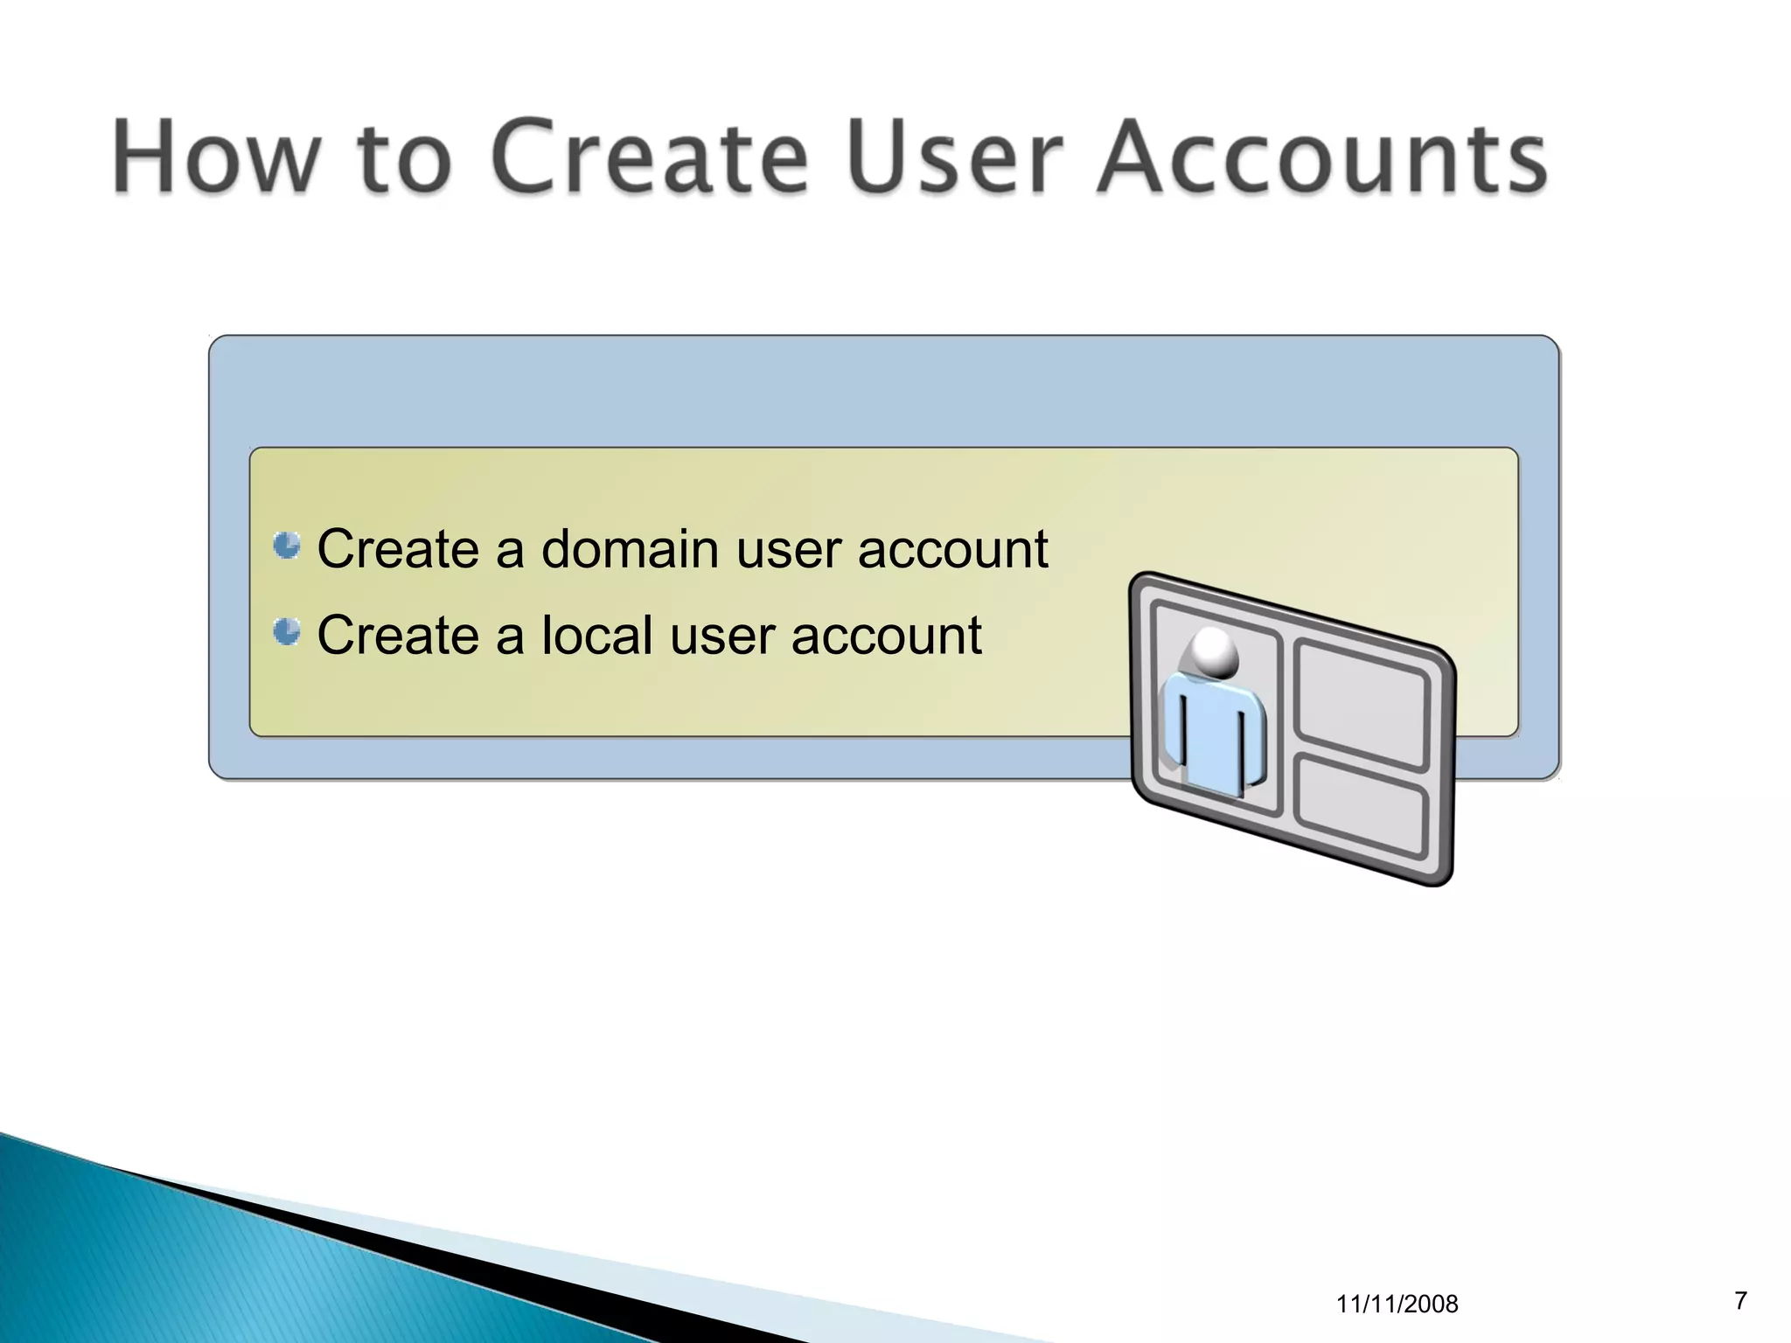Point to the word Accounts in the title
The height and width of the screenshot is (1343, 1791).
[1321, 157]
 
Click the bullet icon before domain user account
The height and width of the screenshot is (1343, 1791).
[287, 546]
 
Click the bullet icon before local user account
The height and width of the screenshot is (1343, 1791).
[287, 631]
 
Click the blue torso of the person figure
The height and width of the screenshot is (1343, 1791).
[1214, 730]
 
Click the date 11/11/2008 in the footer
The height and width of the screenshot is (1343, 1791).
[1397, 1305]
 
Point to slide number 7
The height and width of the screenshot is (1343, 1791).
[1740, 1301]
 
